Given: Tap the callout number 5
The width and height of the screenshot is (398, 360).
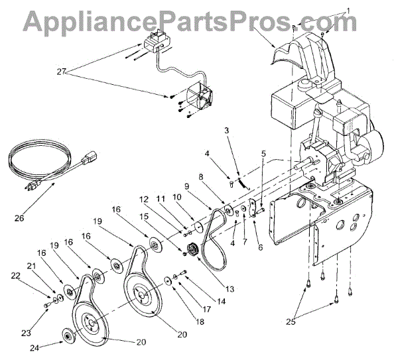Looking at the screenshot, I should (263, 153).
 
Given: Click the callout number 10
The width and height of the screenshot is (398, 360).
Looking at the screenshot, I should (177, 197).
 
